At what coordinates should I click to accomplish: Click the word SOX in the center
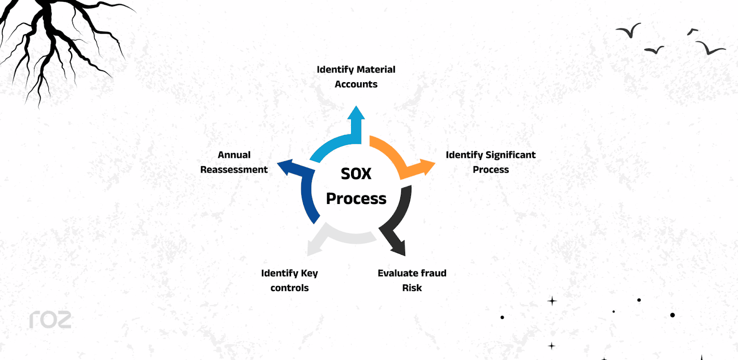coord(356,174)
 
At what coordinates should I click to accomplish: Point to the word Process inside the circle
coord(356,198)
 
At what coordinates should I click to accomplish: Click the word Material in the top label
coord(375,70)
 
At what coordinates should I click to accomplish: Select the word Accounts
coord(356,84)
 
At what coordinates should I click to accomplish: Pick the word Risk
coord(412,288)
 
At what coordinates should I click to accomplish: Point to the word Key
coord(309,274)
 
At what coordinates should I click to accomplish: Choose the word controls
coord(290,288)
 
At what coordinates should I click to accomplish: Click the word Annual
coord(234,155)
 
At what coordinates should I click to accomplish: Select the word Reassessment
coord(234,170)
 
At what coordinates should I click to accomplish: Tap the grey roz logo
coord(50,319)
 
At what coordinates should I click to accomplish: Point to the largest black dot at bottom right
coord(673,315)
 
